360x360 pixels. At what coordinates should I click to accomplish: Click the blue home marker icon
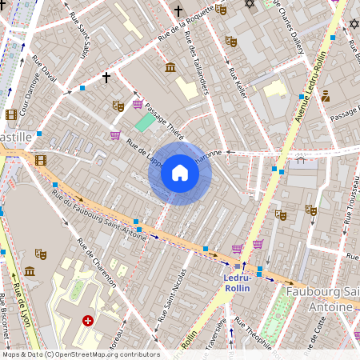pos(180,173)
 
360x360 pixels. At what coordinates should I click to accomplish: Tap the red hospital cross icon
pos(88,321)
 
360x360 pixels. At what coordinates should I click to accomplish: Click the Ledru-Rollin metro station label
pos(237,282)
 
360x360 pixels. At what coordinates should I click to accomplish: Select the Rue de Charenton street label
pos(97,262)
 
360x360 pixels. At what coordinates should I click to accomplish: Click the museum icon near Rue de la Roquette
pos(170,67)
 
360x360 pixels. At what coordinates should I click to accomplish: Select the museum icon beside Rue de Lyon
pos(30,271)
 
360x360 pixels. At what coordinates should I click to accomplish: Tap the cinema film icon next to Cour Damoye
pos(11,114)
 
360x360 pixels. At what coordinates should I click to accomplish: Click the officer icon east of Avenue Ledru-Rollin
pos(326,96)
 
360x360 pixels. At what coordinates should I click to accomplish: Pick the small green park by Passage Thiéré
pos(143,122)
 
